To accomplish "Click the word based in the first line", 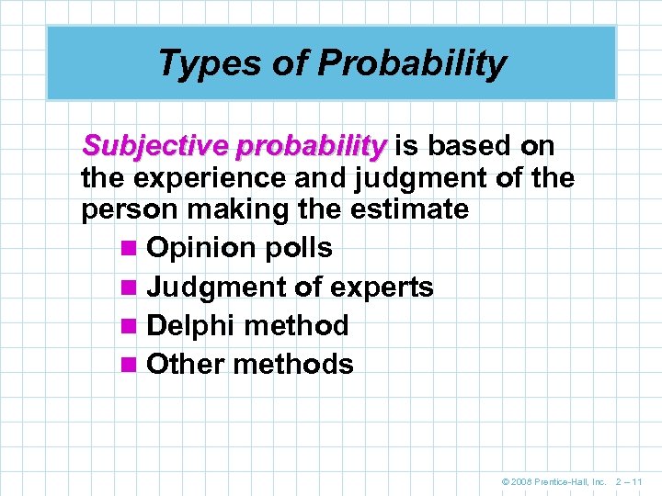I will tap(470, 145).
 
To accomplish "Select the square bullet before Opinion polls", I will tap(129, 249).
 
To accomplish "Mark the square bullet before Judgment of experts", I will tap(129, 288).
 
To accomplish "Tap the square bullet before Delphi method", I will tap(129, 327).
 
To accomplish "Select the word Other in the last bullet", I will tap(186, 365).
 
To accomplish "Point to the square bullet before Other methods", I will tap(129, 366).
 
